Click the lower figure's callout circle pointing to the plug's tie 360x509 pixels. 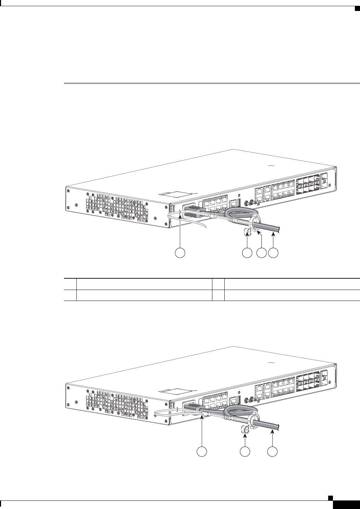coord(202,451)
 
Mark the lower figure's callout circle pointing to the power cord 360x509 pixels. coord(272,451)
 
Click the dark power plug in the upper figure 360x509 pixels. coord(194,210)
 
